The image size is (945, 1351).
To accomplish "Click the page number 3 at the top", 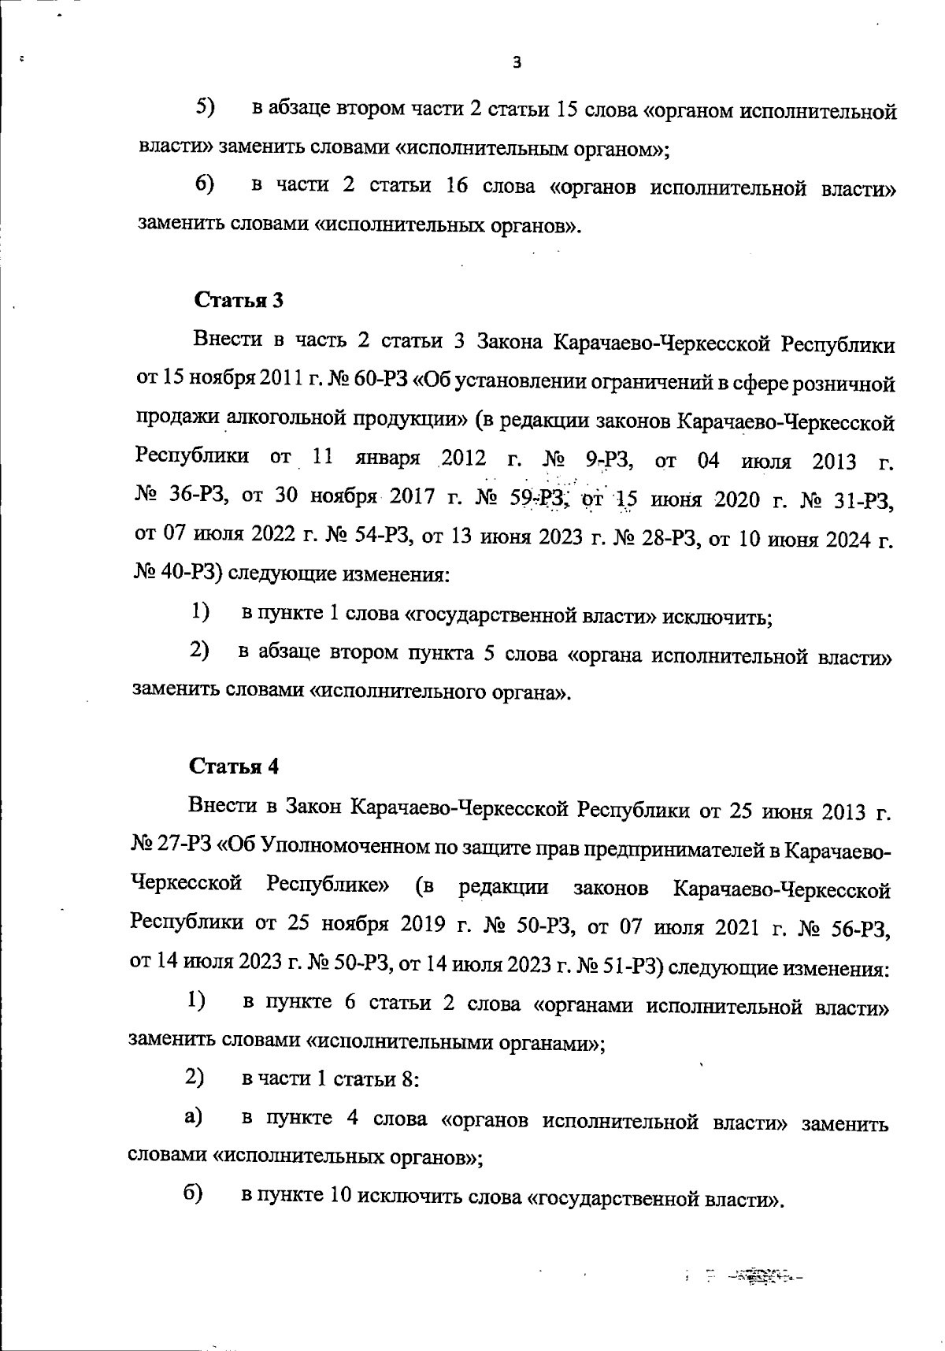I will click(517, 63).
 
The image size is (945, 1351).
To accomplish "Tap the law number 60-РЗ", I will click(375, 383).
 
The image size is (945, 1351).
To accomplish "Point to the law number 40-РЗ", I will click(185, 573).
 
